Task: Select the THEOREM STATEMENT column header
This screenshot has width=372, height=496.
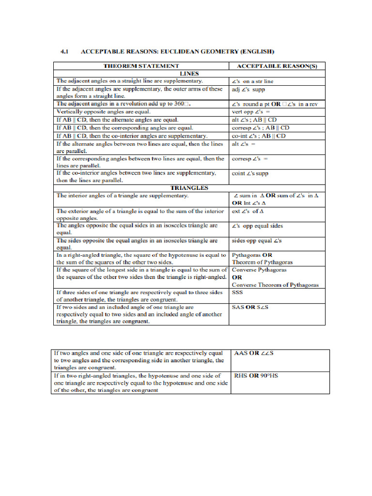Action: point(141,66)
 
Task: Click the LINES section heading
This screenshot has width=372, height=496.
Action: point(189,73)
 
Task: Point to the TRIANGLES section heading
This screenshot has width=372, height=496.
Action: point(189,187)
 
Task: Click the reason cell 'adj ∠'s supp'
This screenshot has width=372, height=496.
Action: point(248,90)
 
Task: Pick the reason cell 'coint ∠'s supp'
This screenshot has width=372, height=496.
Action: point(250,173)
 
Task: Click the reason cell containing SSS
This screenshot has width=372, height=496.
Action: point(238,293)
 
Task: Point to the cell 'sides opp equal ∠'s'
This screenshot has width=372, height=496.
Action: point(257,241)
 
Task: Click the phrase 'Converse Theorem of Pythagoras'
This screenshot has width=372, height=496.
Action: point(275,285)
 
